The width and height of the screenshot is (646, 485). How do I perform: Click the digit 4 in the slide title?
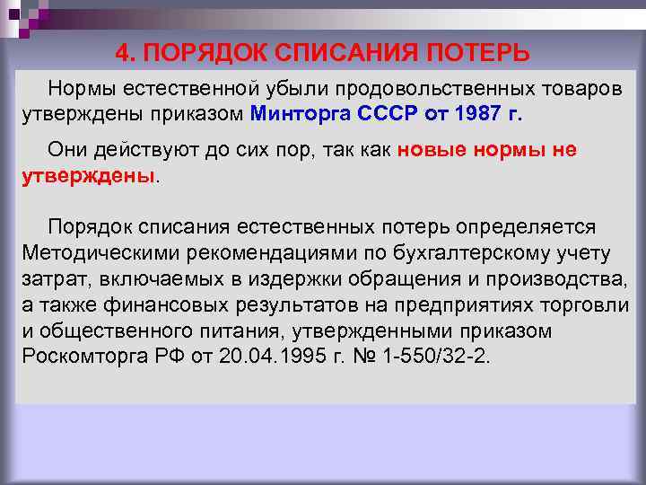click(x=121, y=53)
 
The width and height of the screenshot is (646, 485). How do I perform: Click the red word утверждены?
click(x=87, y=174)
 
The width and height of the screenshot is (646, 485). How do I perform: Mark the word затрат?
click(x=50, y=278)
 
